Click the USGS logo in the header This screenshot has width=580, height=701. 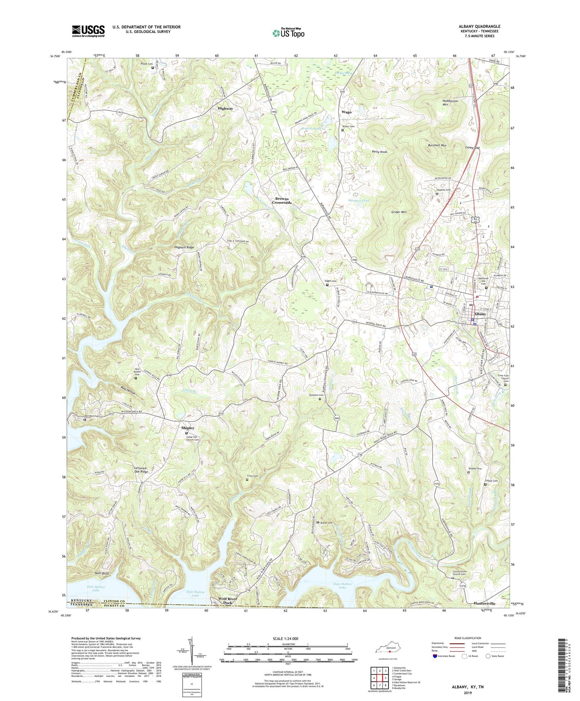(x=88, y=31)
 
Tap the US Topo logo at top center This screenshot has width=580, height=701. (x=288, y=33)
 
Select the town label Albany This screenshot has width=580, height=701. (x=480, y=314)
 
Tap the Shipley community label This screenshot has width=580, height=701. (x=188, y=428)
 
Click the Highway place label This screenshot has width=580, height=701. (x=225, y=108)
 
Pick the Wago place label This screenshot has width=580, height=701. (x=346, y=112)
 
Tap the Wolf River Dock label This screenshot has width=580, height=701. (x=228, y=601)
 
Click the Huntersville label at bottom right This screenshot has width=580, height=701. (x=484, y=603)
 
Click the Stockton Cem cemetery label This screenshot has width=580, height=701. (x=316, y=395)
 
